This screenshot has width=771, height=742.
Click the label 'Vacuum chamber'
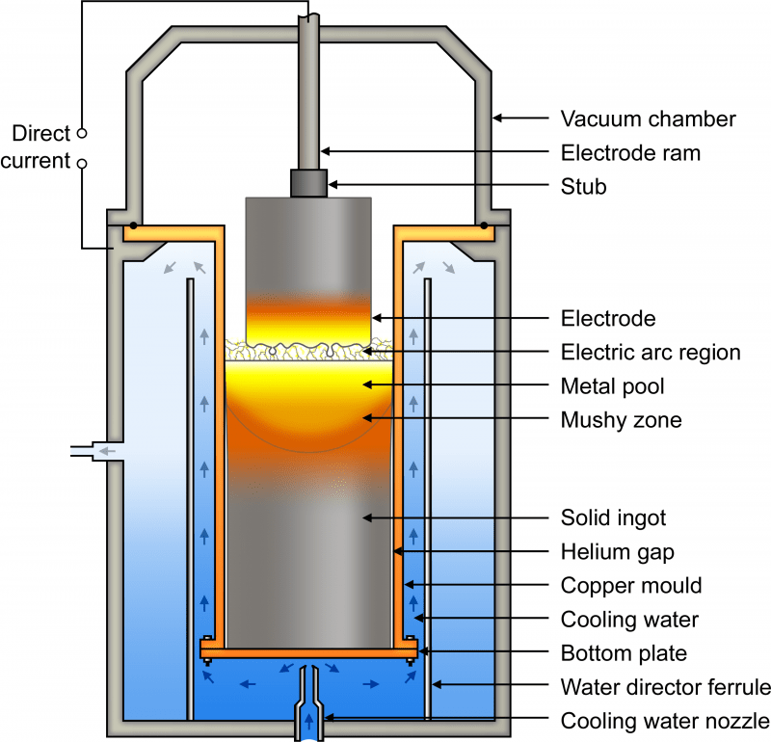tap(648, 119)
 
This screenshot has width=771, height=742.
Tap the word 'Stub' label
tap(583, 186)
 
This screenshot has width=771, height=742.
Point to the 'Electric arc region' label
tap(650, 353)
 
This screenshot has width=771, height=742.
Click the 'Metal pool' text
tap(613, 386)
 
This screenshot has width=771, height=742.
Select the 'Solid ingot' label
tap(613, 518)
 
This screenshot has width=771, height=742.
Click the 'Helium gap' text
tap(616, 552)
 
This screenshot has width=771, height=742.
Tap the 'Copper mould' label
tap(630, 586)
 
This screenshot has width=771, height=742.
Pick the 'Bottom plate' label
tap(624, 653)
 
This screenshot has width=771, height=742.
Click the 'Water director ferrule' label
tap(665, 687)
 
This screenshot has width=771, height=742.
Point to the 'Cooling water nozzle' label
tap(665, 721)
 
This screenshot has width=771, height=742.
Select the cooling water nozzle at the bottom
tap(308, 699)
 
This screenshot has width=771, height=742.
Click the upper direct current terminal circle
tap(81, 132)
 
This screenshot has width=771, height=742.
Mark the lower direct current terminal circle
tap(81, 164)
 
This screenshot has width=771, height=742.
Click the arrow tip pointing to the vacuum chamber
tap(496, 119)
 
